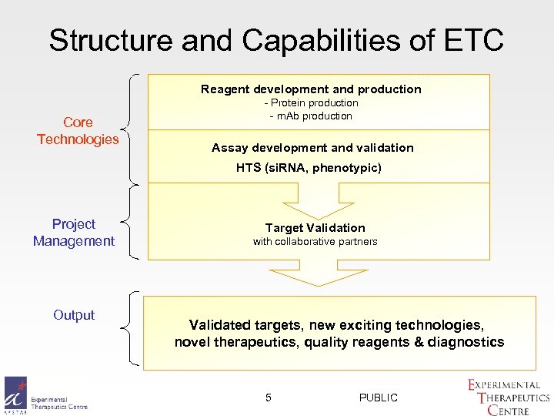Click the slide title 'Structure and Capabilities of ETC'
pyautogui.click(x=276, y=40)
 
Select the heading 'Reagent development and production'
pyautogui.click(x=311, y=89)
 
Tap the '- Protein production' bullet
pyautogui.click(x=311, y=103)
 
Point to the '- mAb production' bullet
pyautogui.click(x=311, y=116)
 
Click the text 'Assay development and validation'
pyautogui.click(x=312, y=148)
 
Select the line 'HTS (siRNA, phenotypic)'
pyautogui.click(x=309, y=168)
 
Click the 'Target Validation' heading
pyautogui.click(x=315, y=228)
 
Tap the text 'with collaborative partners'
pyautogui.click(x=315, y=242)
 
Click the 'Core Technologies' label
pyautogui.click(x=78, y=131)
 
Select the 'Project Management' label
pyautogui.click(x=74, y=233)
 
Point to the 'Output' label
pyautogui.click(x=74, y=315)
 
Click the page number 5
pyautogui.click(x=269, y=398)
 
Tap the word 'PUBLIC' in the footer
pyautogui.click(x=379, y=398)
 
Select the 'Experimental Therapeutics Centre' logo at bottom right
pyautogui.click(x=508, y=397)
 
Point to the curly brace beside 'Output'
pyautogui.click(x=131, y=327)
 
